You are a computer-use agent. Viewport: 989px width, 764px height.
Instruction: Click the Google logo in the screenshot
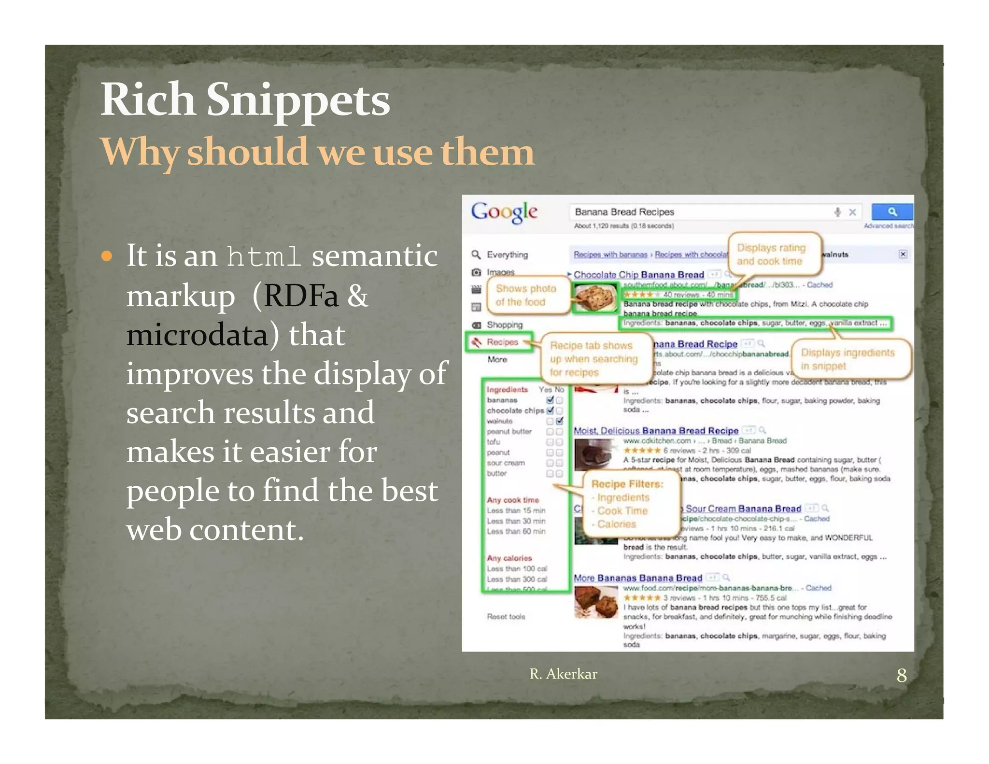(x=504, y=212)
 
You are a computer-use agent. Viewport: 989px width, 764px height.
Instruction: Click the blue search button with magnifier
(x=892, y=212)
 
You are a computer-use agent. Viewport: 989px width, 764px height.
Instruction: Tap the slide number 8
(x=901, y=675)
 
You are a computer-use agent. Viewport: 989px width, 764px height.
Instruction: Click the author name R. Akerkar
(x=563, y=674)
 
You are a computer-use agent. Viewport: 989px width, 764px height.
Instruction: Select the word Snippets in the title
(x=298, y=100)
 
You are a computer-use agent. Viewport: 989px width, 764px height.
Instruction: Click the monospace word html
(x=264, y=256)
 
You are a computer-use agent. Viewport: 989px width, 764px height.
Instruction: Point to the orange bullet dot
(x=107, y=255)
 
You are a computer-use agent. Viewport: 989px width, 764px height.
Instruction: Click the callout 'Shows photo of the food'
(x=526, y=295)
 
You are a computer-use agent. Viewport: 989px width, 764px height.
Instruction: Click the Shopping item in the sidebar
(x=505, y=325)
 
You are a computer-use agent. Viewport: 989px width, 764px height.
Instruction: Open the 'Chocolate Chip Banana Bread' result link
(x=638, y=275)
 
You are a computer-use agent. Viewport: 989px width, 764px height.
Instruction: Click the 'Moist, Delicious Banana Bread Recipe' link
(x=656, y=431)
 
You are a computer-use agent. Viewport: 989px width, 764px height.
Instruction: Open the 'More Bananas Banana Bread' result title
(x=637, y=578)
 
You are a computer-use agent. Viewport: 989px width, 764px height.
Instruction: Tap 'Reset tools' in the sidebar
(x=506, y=617)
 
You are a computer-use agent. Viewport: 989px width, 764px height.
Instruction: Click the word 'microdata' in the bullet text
(x=197, y=335)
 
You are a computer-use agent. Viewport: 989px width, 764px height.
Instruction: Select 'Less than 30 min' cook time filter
(x=516, y=521)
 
